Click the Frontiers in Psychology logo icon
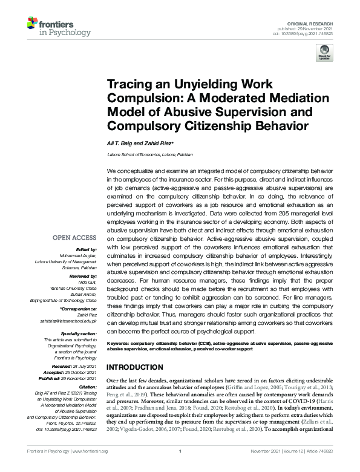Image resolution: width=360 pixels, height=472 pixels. tap(33, 24)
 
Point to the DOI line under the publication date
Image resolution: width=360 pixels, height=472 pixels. tap(313, 34)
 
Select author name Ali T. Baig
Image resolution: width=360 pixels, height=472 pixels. tap(120, 143)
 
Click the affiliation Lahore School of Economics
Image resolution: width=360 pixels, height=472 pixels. tap(143, 155)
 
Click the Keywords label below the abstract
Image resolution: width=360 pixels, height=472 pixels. tap(121, 343)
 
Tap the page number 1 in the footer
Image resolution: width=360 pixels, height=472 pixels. tap(180, 468)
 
